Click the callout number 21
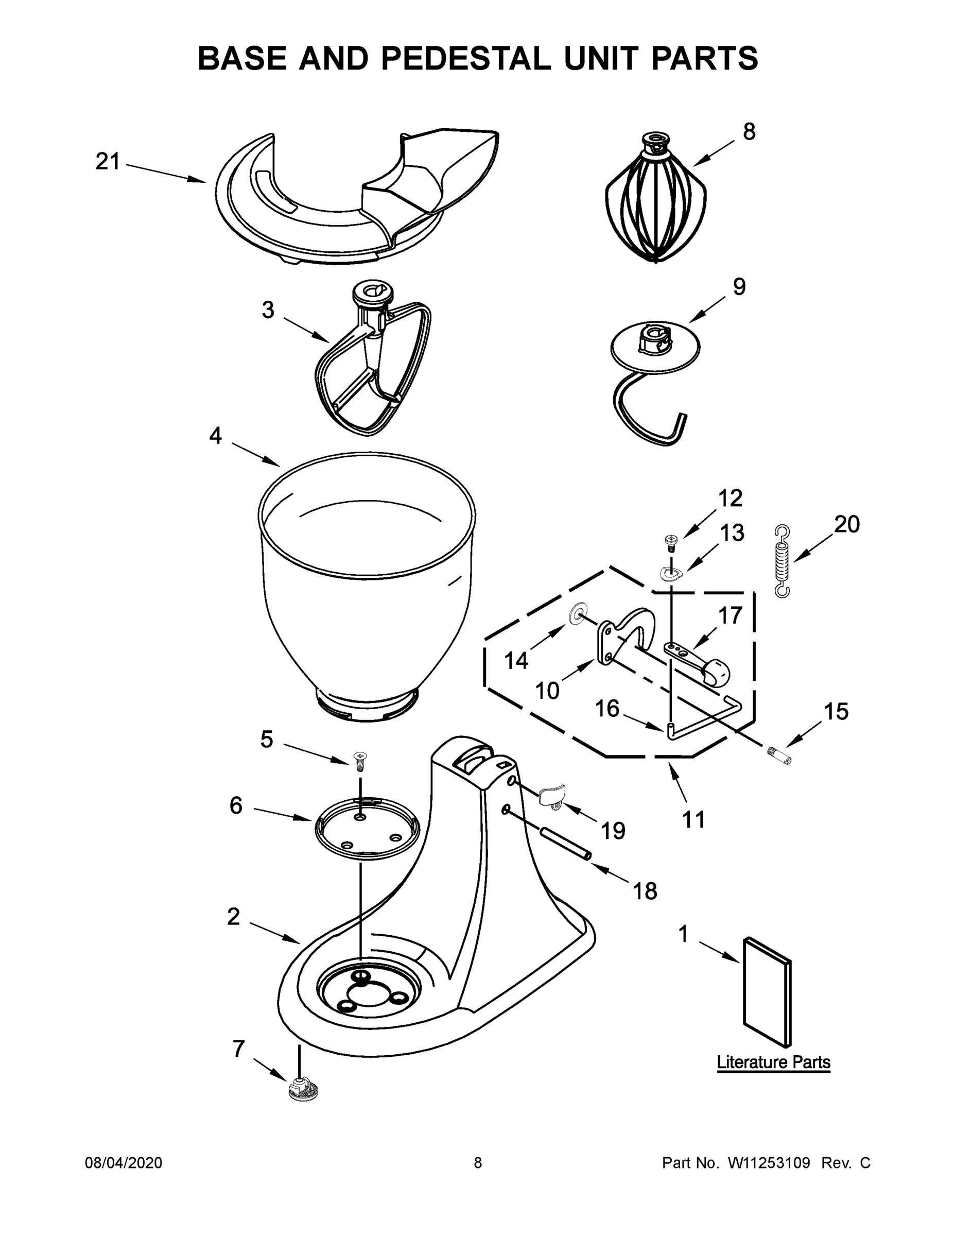(108, 162)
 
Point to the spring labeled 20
(782, 560)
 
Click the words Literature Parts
(773, 1062)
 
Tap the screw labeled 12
(670, 543)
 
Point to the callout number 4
(216, 436)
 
